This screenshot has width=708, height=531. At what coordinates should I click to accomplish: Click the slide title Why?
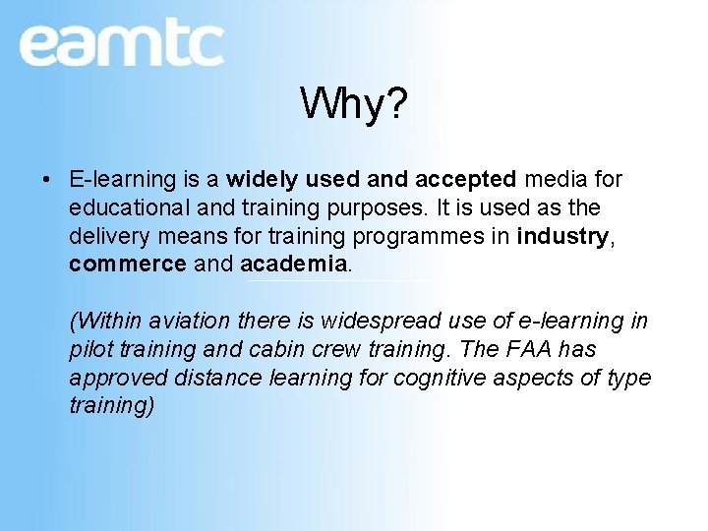[x=353, y=103]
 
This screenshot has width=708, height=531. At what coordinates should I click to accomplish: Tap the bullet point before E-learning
[x=47, y=180]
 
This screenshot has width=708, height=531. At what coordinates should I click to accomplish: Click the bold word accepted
[x=465, y=180]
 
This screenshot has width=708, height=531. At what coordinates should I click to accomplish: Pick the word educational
[x=130, y=208]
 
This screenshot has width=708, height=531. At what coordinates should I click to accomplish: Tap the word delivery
[x=106, y=237]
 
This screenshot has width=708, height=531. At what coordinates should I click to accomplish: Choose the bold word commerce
[x=128, y=265]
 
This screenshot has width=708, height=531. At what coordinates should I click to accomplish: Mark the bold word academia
[x=293, y=265]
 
